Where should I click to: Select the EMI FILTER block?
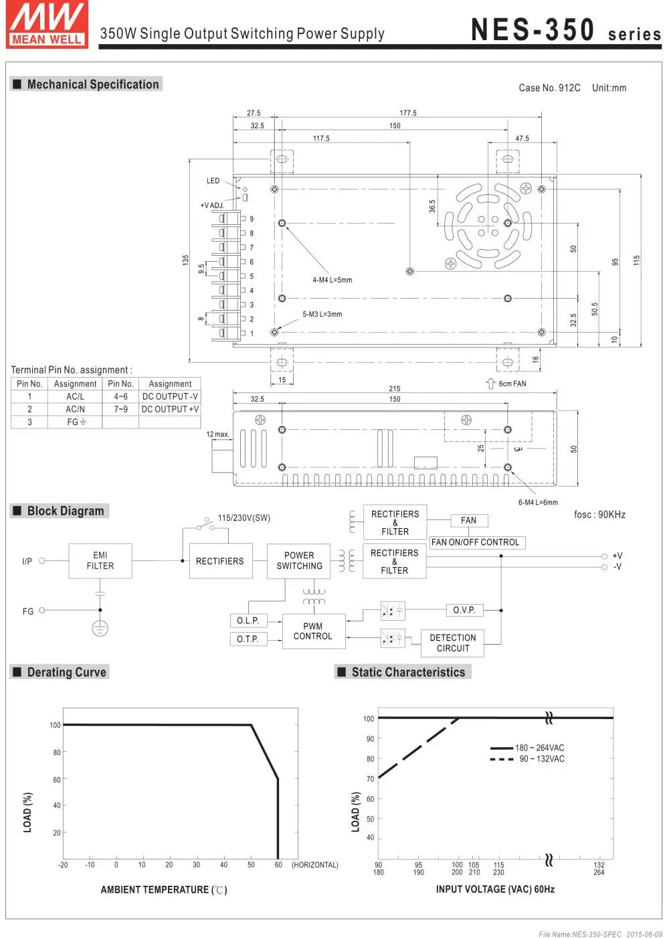100,560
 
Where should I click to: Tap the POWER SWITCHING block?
299,560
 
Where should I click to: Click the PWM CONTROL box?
313,631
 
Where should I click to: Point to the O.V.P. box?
464,610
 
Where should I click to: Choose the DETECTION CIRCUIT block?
453,643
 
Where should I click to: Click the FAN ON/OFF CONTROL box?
476,542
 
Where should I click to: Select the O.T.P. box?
248,639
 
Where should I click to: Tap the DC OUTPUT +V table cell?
170,409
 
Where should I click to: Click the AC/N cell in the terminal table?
75,409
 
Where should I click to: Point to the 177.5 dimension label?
408,113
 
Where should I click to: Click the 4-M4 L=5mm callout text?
332,280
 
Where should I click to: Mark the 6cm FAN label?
512,384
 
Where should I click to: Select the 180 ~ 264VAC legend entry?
539,748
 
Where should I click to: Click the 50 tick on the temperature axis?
251,865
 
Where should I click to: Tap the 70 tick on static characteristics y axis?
370,779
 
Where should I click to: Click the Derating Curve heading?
66,672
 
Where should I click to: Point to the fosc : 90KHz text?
599,514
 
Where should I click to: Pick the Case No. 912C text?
549,88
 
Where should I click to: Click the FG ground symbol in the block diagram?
100,628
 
